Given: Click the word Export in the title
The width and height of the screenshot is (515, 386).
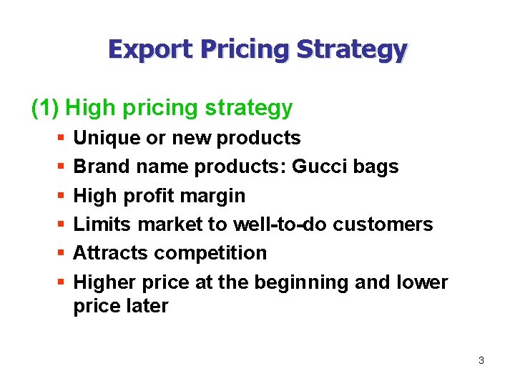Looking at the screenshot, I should [151, 49].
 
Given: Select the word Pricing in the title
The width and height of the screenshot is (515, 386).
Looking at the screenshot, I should [245, 49].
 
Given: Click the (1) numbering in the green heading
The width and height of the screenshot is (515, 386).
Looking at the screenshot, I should [46, 108].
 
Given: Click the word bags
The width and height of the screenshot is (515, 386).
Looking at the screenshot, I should [377, 167].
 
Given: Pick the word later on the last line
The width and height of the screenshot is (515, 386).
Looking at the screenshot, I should [148, 307].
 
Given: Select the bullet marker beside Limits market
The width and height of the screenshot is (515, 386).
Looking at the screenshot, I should [59, 224].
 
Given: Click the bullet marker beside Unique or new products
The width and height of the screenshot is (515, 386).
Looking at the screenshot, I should [59, 137].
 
